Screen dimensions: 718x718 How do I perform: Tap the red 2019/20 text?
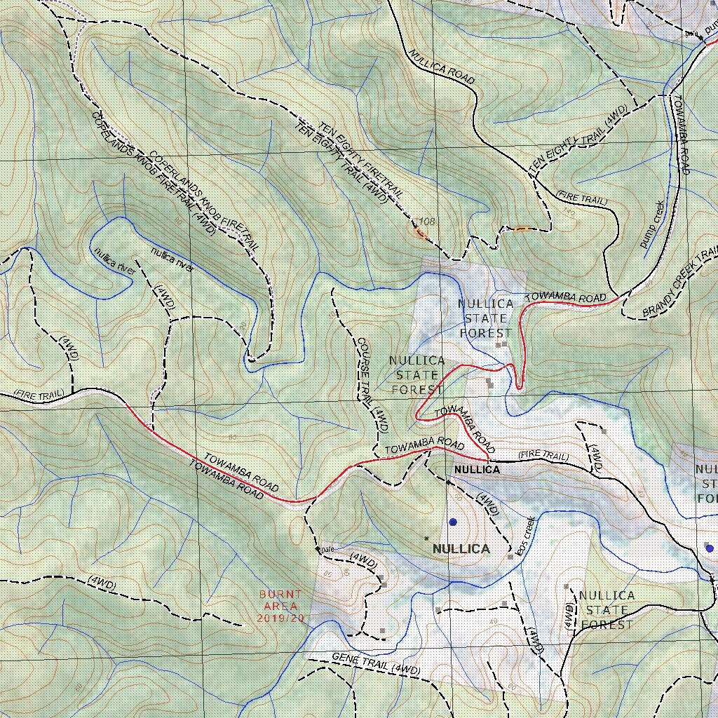click(280, 618)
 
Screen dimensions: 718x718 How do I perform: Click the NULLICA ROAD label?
click(442, 67)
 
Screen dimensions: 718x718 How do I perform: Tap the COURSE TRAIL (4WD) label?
click(372, 384)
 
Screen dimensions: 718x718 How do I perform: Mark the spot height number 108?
click(426, 222)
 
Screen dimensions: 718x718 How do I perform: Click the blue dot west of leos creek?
click(453, 522)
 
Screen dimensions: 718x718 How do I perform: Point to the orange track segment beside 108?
click(420, 231)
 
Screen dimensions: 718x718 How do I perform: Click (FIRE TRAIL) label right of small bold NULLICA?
click(543, 456)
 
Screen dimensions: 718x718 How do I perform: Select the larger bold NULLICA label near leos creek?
click(461, 548)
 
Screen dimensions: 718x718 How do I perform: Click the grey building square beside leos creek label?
click(510, 557)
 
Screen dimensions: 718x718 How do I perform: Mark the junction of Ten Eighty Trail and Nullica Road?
click(534, 176)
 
